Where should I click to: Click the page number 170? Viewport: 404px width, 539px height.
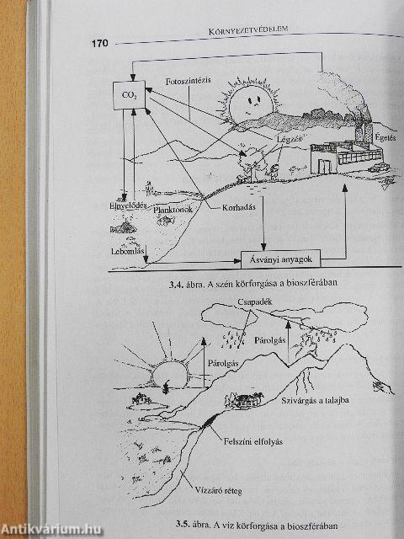tap(99, 43)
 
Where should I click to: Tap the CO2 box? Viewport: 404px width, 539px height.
tap(129, 95)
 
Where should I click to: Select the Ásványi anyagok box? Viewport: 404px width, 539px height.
tap(280, 259)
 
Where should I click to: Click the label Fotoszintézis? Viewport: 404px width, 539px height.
tap(188, 82)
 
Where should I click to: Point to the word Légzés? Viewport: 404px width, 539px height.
tap(289, 139)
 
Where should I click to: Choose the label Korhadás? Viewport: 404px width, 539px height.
tap(233, 208)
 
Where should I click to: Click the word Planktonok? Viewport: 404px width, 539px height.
tap(173, 209)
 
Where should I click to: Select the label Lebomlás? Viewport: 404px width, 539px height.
tap(127, 251)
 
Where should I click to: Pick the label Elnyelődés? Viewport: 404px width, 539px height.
tap(128, 205)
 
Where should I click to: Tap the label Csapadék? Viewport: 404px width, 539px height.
tap(254, 302)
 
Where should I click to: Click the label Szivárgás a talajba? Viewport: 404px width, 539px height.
tap(315, 400)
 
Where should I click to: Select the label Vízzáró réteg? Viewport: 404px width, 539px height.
tap(217, 490)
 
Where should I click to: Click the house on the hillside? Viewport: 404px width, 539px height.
tap(243, 401)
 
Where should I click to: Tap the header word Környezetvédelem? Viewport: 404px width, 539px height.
tap(248, 30)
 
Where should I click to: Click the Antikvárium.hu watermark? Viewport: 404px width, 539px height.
tap(51, 529)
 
